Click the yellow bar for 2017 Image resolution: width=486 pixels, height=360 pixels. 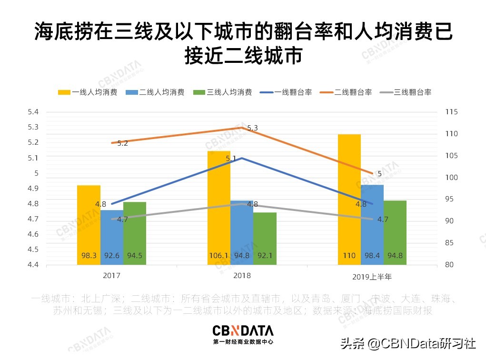click(89, 225)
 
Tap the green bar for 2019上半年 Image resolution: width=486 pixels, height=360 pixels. click(395, 232)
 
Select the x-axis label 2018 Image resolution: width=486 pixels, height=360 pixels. click(242, 276)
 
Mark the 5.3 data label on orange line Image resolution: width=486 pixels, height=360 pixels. click(252, 128)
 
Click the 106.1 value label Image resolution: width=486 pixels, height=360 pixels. click(218, 256)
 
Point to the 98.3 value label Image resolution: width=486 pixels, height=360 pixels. click(89, 256)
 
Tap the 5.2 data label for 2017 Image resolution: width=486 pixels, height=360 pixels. click(122, 143)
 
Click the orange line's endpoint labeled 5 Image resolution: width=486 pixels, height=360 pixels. click(373, 173)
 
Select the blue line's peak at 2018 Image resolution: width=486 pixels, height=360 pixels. click(242, 158)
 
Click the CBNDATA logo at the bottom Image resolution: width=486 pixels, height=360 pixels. click(243, 330)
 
